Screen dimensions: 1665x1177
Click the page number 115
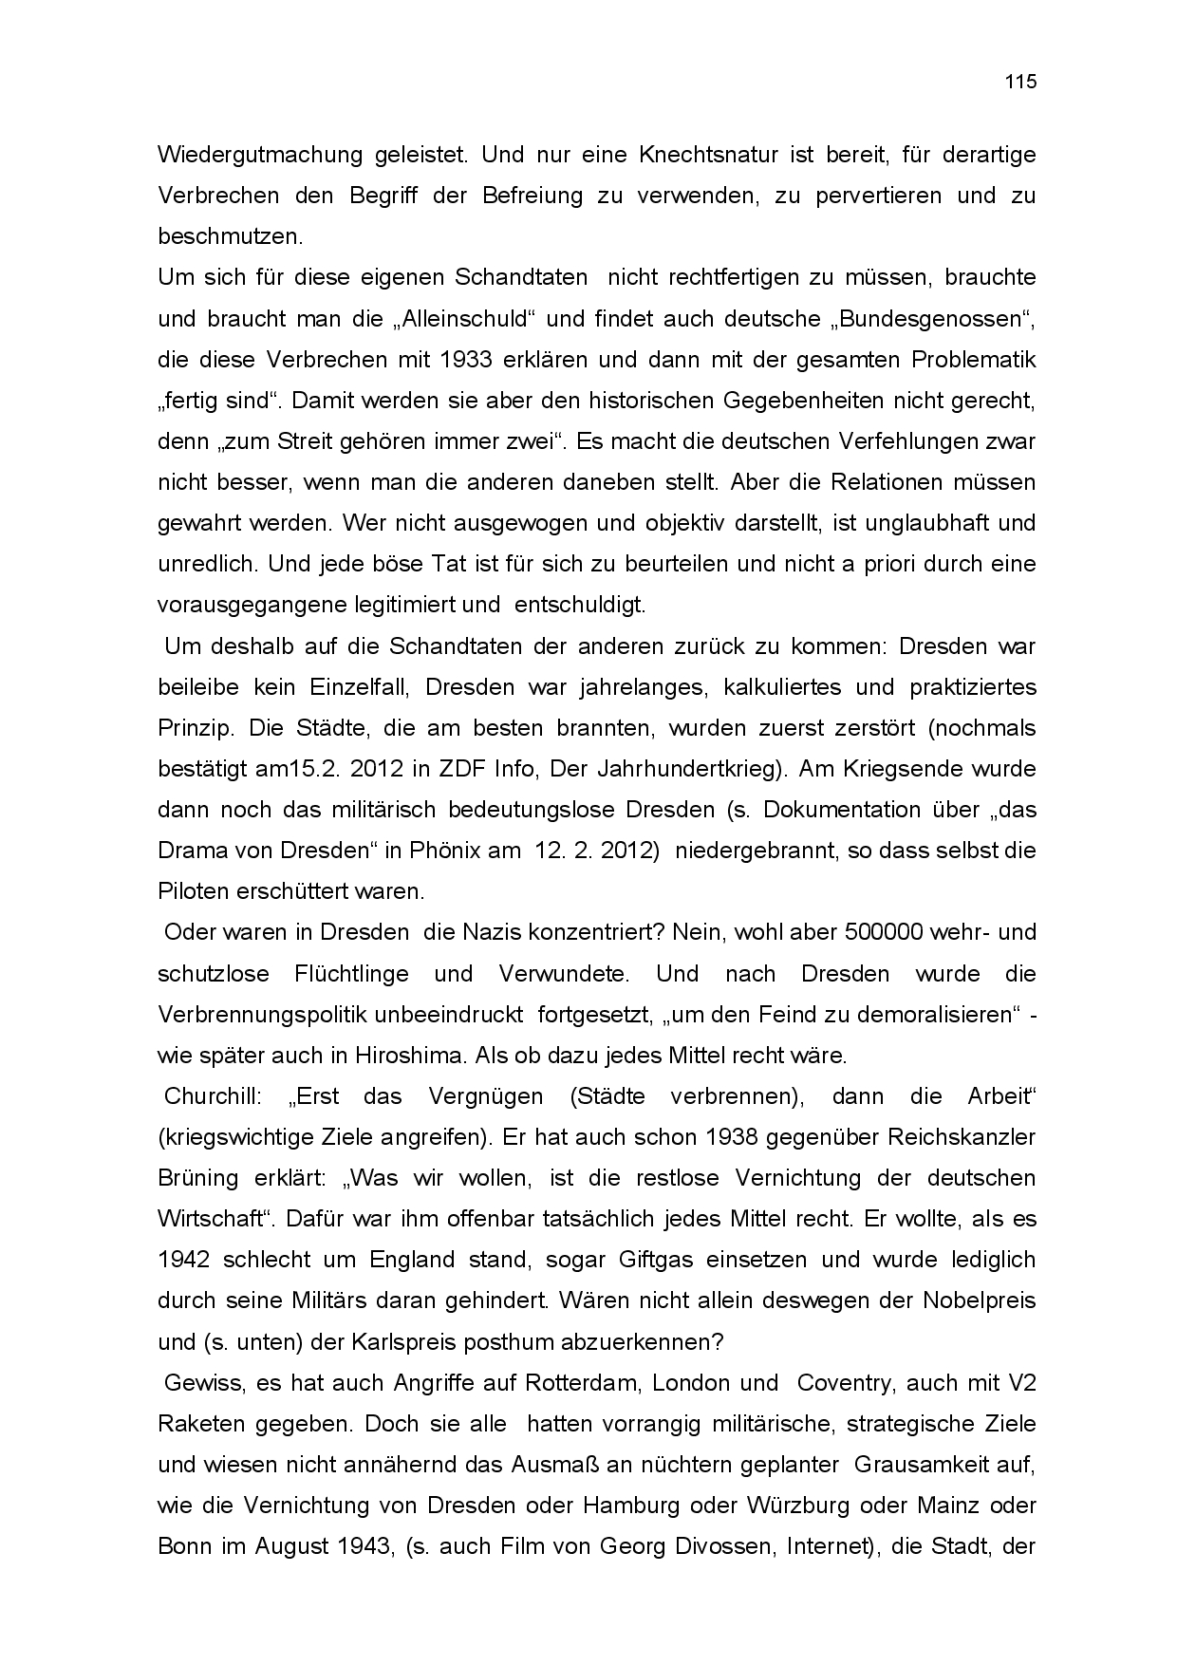pos(1020,82)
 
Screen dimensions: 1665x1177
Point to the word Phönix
pos(444,851)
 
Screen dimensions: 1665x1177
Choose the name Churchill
pos(213,1096)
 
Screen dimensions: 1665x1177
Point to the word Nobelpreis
pos(979,1300)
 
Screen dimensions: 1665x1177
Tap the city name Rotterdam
pos(580,1383)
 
